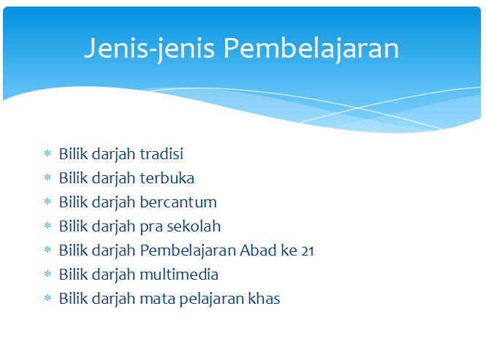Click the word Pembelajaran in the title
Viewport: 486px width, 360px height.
pyautogui.click(x=311, y=49)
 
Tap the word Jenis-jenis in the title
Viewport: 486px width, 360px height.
pyautogui.click(x=150, y=49)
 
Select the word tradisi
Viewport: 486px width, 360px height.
pyautogui.click(x=162, y=153)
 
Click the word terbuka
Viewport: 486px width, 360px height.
pyautogui.click(x=167, y=178)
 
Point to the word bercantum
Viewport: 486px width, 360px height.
pyautogui.click(x=178, y=202)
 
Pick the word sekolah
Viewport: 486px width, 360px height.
pyautogui.click(x=194, y=226)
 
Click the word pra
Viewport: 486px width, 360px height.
pyautogui.click(x=151, y=228)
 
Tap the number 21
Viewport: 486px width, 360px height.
pyautogui.click(x=308, y=251)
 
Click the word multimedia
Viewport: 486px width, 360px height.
pyautogui.click(x=179, y=275)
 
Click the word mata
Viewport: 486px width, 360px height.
pyautogui.click(x=157, y=299)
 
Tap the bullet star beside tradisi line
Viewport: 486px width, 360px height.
pyautogui.click(x=48, y=153)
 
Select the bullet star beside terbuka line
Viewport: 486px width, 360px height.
pyautogui.click(x=48, y=177)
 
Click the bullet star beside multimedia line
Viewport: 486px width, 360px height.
pyautogui.click(x=48, y=274)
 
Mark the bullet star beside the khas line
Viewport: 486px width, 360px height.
pyautogui.click(x=48, y=298)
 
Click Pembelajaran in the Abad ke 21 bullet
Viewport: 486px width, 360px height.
pyautogui.click(x=188, y=251)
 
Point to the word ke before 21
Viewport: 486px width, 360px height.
pyautogui.click(x=289, y=250)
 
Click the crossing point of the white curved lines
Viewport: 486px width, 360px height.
pyautogui.click(x=358, y=108)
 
